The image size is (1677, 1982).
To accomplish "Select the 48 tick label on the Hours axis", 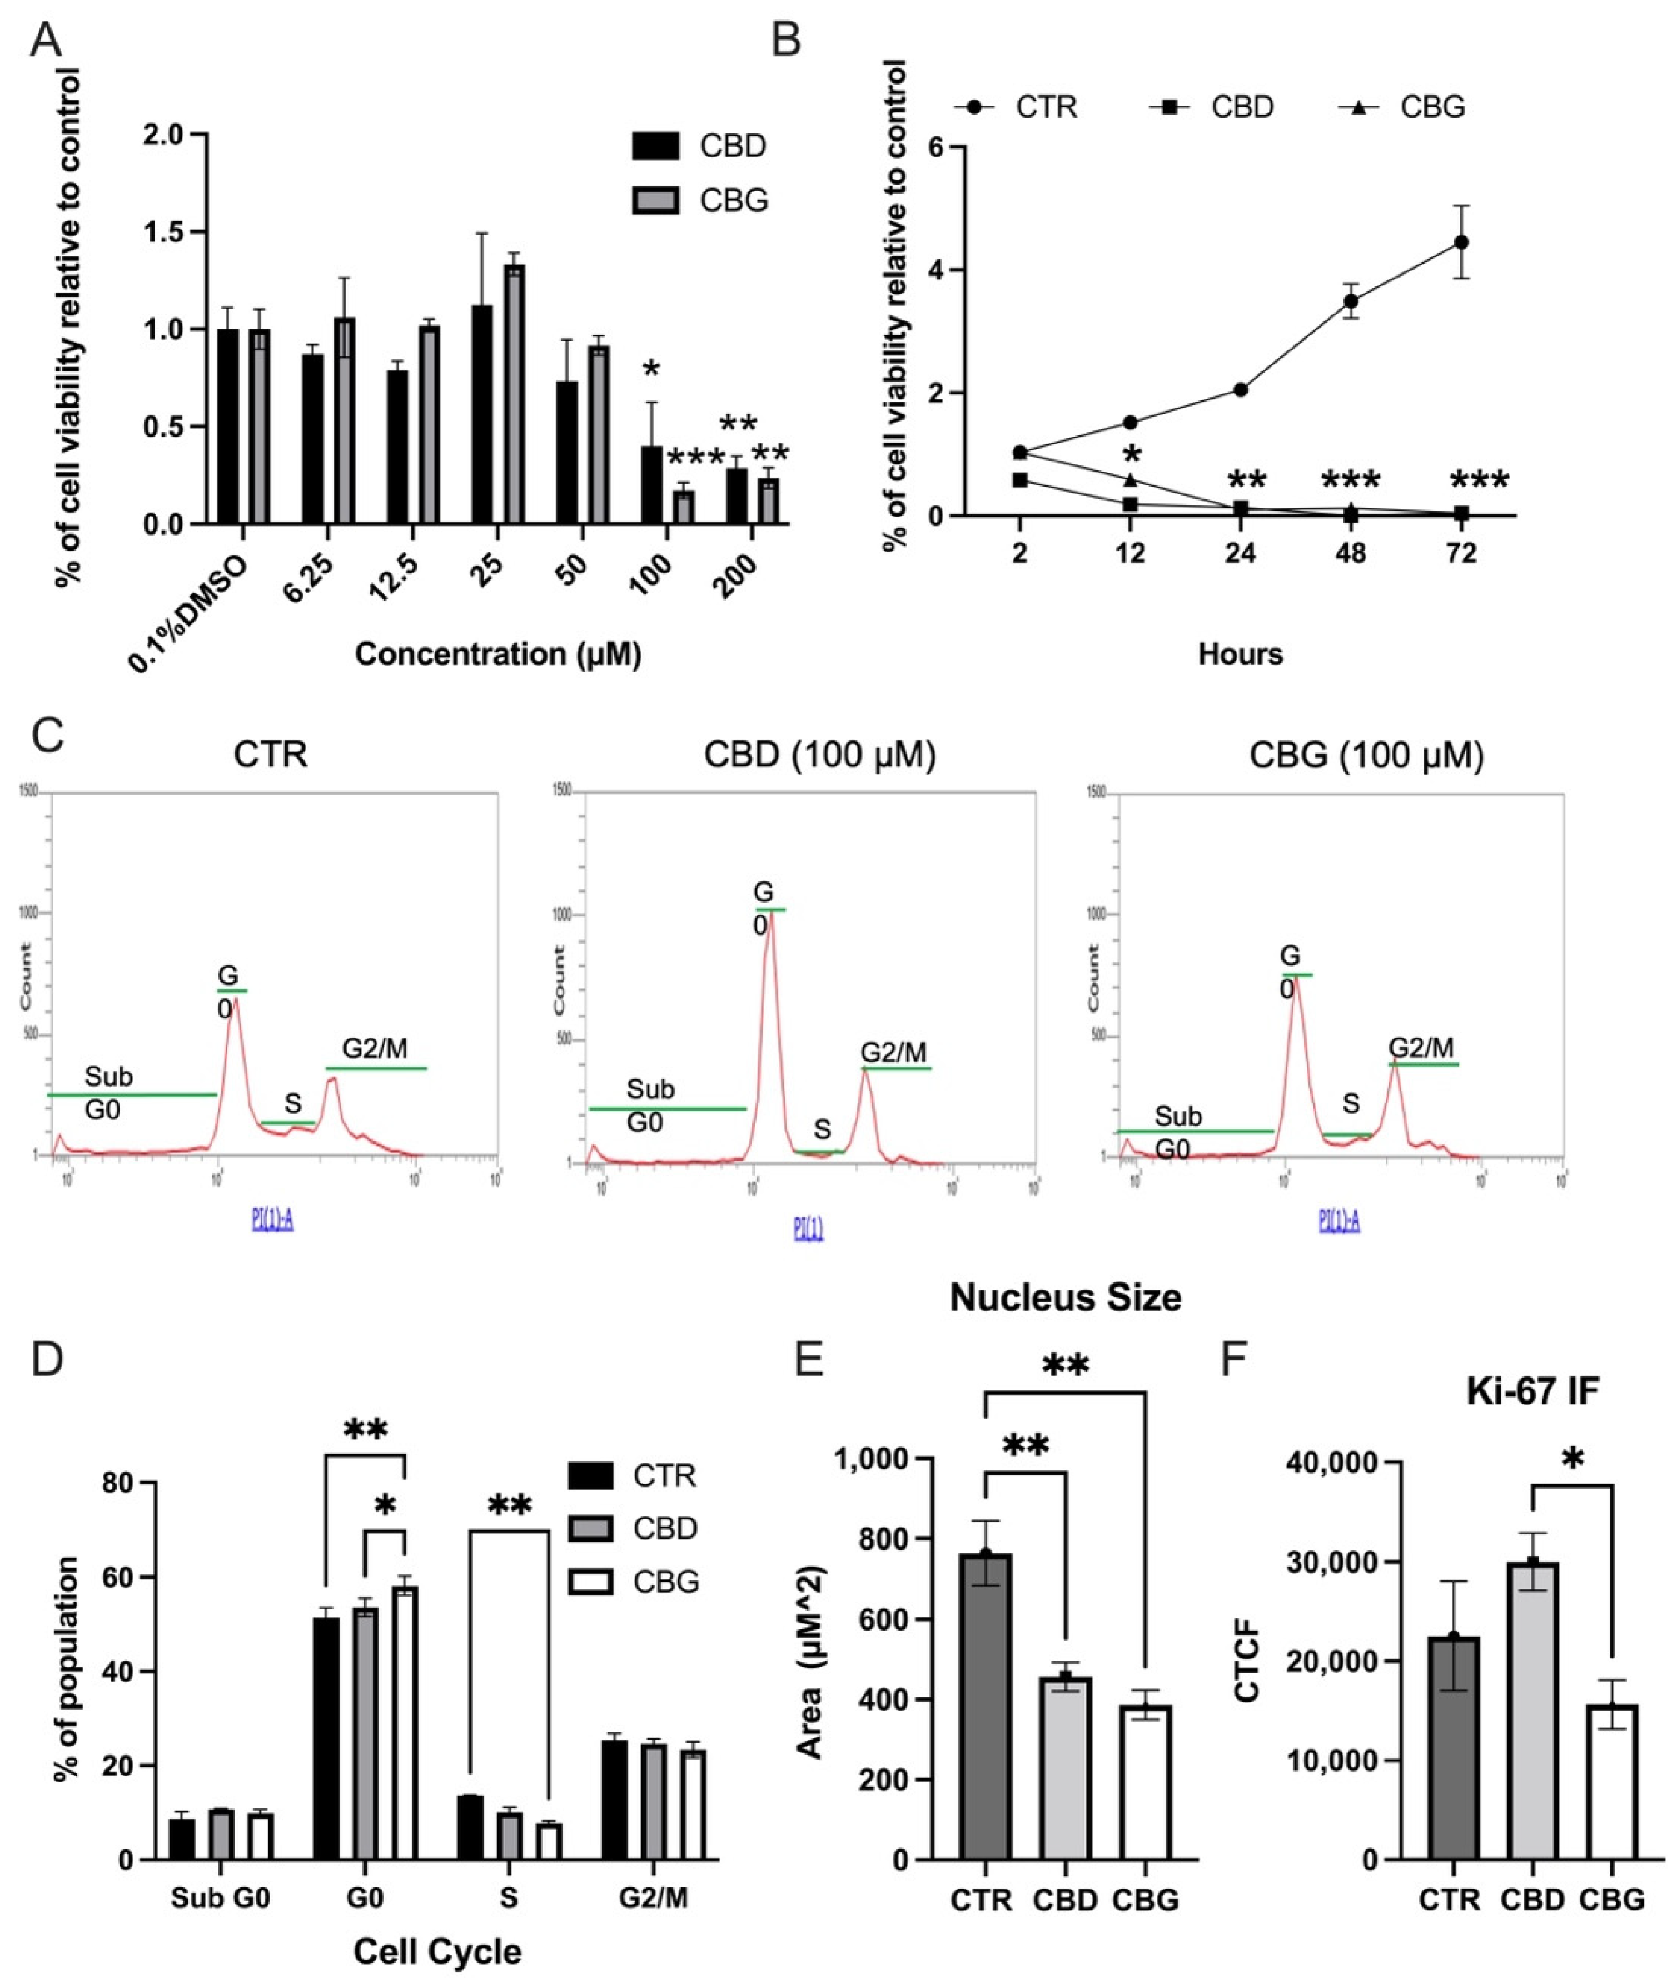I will [1351, 553].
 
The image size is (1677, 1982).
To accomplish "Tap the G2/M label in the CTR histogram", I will [376, 1049].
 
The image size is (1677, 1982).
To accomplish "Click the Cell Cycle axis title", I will [437, 1944].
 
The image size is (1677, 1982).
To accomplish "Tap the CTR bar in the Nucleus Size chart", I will [985, 1712].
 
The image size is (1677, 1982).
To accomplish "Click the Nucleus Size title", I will [1065, 1297].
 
